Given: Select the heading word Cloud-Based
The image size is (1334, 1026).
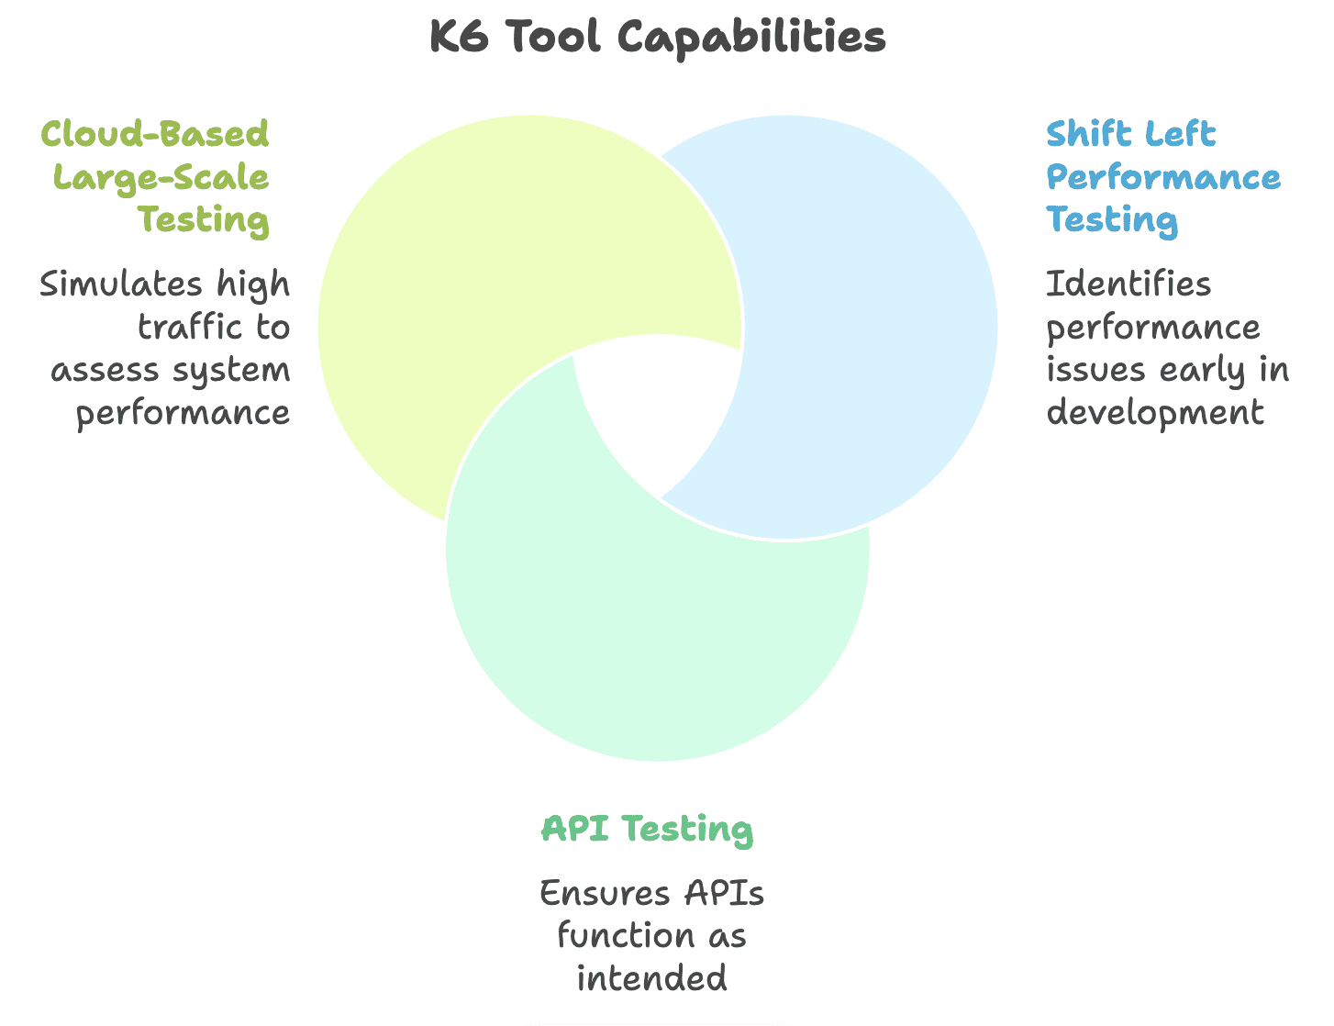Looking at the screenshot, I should coord(155,134).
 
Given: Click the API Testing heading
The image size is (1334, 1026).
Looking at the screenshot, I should coord(648,829).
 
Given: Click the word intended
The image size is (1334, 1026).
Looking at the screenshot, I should coord(652,978).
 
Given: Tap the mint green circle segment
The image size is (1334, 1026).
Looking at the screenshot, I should coord(657,642).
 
